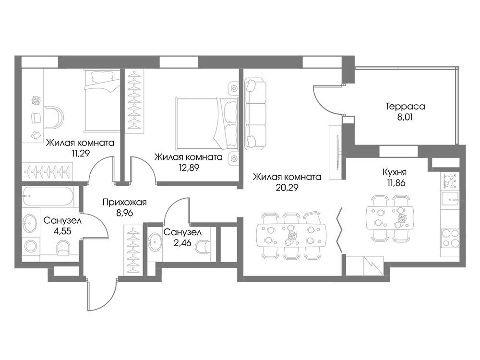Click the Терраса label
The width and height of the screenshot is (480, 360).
tap(405, 107)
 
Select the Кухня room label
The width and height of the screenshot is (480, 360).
tap(394, 172)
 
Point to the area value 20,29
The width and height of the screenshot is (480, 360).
tap(287, 187)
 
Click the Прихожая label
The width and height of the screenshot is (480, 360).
tap(125, 203)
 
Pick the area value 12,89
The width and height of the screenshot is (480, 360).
tap(188, 168)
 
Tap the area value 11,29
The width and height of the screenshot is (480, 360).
tap(80, 153)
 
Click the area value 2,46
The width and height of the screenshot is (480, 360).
tap(182, 243)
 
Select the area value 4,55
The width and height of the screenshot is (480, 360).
tap(62, 231)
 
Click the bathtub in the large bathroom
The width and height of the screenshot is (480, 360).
tap(48, 196)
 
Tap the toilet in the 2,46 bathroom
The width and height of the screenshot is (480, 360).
tap(203, 247)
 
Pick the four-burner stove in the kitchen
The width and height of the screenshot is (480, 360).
tap(450, 238)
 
